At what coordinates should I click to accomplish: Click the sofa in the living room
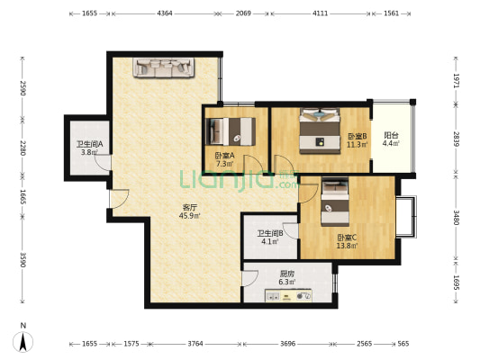pyautogui.click(x=164, y=67)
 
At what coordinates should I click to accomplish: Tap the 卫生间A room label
pyautogui.click(x=90, y=144)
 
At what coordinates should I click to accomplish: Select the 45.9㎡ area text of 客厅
pyautogui.click(x=189, y=216)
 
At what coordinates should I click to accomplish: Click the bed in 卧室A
pyautogui.click(x=231, y=131)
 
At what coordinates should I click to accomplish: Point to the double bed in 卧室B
pyautogui.click(x=320, y=130)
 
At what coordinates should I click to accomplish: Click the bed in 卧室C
pyautogui.click(x=335, y=202)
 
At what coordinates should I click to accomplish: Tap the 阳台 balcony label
pyautogui.click(x=391, y=135)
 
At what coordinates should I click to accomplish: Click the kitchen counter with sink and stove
pyautogui.click(x=288, y=295)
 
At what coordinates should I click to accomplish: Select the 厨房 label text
pyautogui.click(x=287, y=274)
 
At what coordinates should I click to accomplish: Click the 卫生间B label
pyautogui.click(x=269, y=234)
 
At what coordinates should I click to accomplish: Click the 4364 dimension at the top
pyautogui.click(x=165, y=13)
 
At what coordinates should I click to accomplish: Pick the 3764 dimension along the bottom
pyautogui.click(x=195, y=344)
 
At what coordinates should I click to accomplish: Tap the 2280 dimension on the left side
pyautogui.click(x=23, y=148)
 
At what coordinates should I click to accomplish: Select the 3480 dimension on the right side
pyautogui.click(x=456, y=218)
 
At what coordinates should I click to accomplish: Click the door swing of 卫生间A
pyautogui.click(x=103, y=162)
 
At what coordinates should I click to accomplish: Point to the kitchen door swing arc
pyautogui.click(x=250, y=279)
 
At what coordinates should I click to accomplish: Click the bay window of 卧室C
pyautogui.click(x=406, y=216)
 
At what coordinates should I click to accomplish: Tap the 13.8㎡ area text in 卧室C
pyautogui.click(x=347, y=246)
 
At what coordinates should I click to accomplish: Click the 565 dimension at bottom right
pyautogui.click(x=403, y=344)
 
